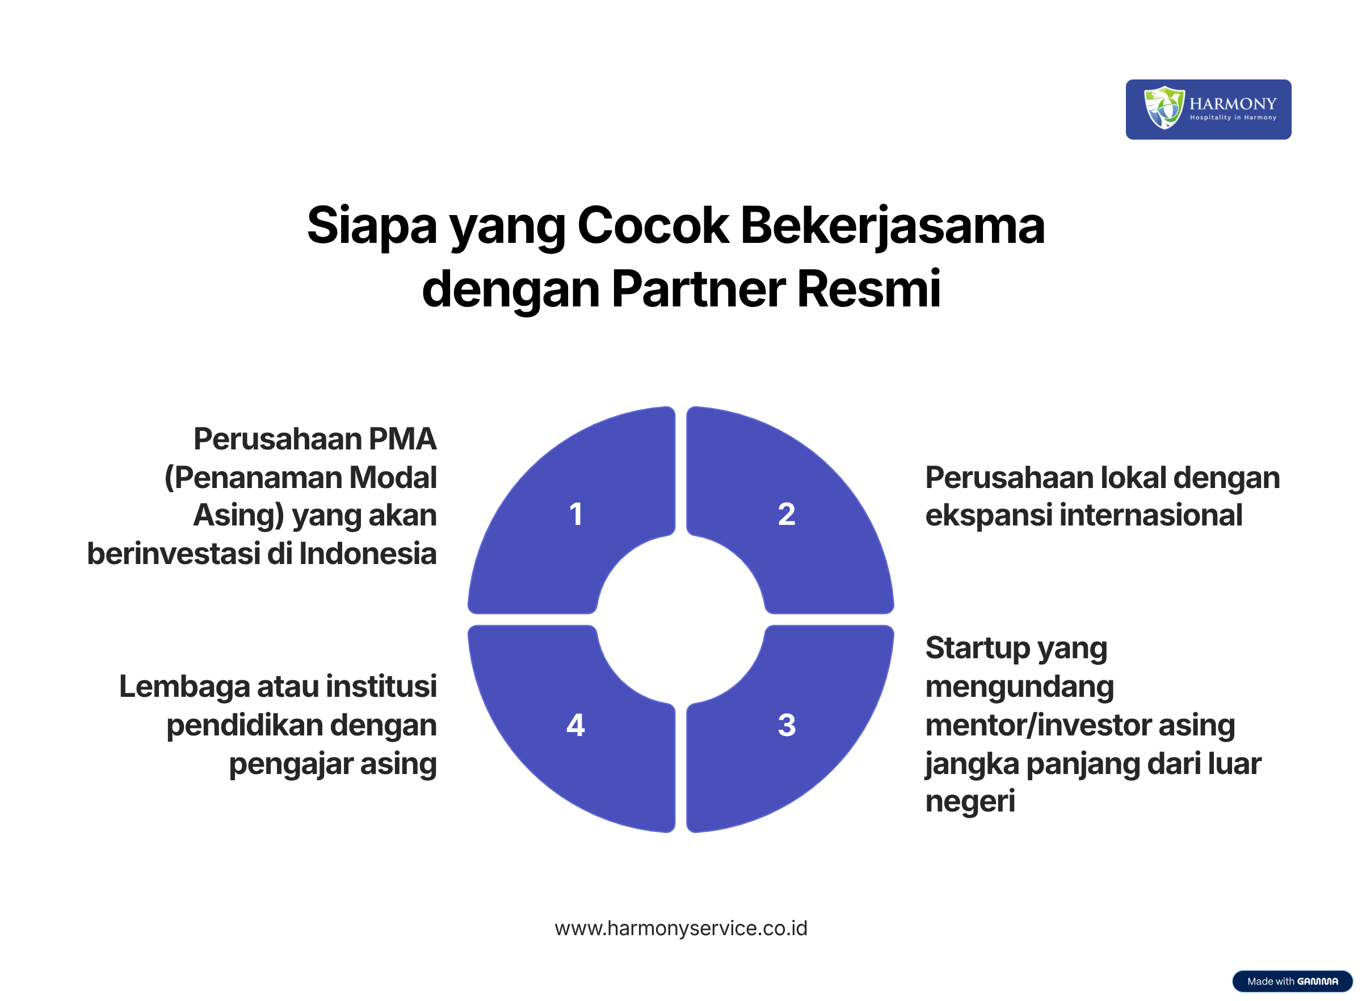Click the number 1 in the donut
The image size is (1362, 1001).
pyautogui.click(x=576, y=515)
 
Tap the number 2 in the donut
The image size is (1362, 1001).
pyautogui.click(x=787, y=515)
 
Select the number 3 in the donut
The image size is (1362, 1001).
pyautogui.click(x=787, y=725)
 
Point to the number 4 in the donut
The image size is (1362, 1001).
pyautogui.click(x=575, y=725)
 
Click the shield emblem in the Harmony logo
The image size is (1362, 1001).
pyautogui.click(x=1164, y=108)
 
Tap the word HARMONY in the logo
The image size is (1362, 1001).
pyautogui.click(x=1233, y=104)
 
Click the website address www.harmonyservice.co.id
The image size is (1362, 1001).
pyautogui.click(x=681, y=928)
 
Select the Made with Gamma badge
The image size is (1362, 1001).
pyautogui.click(x=1292, y=981)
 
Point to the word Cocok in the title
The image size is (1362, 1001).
pyautogui.click(x=653, y=225)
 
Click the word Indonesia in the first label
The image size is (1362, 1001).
pyautogui.click(x=368, y=554)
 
